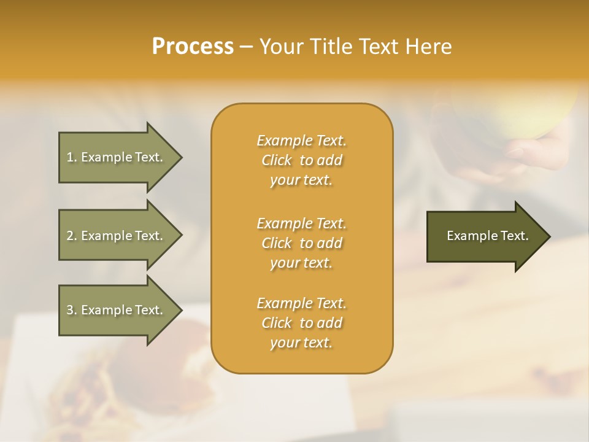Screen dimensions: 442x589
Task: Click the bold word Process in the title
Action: [x=193, y=47]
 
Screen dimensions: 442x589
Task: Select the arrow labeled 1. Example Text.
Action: [x=117, y=157]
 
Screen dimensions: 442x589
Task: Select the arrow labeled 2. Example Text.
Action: [x=117, y=236]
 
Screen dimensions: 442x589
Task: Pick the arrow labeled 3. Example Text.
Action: [x=117, y=310]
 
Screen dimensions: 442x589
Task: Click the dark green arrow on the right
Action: [x=485, y=236]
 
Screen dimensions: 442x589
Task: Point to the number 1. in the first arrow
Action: [x=71, y=157]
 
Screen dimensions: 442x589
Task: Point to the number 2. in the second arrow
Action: [x=71, y=236]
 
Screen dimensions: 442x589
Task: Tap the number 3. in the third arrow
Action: [x=71, y=310]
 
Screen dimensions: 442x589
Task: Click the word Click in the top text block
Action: [x=277, y=160]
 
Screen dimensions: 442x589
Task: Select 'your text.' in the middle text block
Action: [x=301, y=263]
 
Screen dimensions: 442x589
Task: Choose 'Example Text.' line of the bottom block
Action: [x=301, y=303]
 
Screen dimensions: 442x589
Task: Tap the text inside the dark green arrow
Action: [x=488, y=236]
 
